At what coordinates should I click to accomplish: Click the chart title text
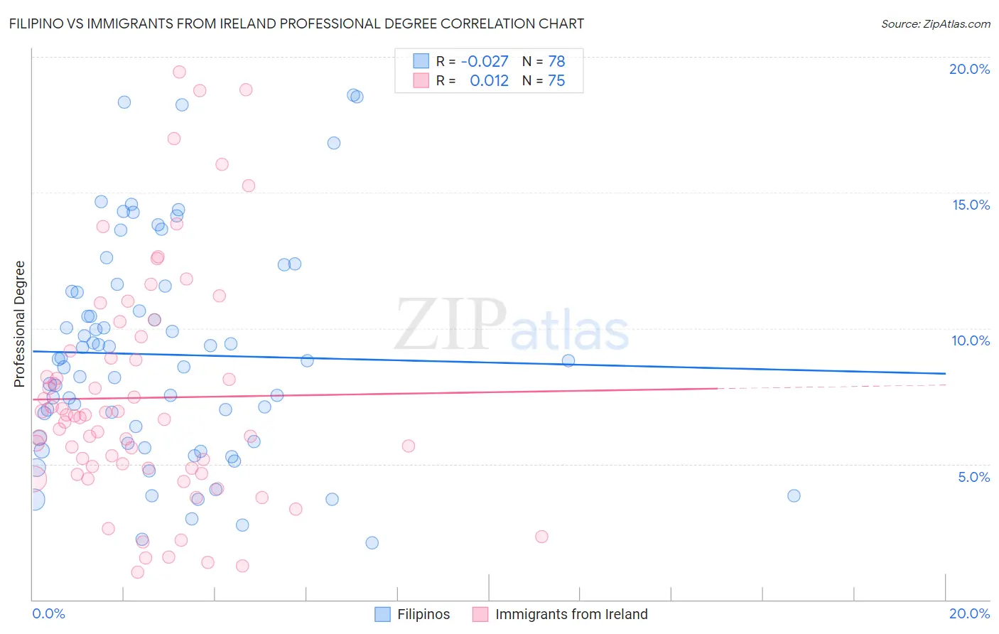pos(296,23)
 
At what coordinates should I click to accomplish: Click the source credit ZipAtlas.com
pos(935,23)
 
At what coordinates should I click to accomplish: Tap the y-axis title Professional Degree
pos(19,324)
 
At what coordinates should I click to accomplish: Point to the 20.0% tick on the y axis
pos(969,69)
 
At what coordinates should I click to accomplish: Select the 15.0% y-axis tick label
pos(971,205)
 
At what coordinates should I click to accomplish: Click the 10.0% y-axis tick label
pos(971,340)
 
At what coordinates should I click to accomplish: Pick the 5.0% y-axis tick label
pos(973,477)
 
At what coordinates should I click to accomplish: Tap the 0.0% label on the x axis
pos(49,613)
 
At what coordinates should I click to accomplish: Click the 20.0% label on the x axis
pos(969,613)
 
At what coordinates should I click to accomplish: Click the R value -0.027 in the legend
pos(485,61)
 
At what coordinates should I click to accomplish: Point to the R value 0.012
pos(489,80)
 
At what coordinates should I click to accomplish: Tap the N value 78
pos(556,61)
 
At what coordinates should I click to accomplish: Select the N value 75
pos(556,80)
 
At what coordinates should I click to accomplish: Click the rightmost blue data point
pos(794,495)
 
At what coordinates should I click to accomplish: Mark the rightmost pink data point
pos(541,537)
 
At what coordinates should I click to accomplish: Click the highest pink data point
pos(179,72)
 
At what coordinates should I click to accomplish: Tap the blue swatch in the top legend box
pos(421,61)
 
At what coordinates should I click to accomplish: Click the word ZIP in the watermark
pos(450,324)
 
